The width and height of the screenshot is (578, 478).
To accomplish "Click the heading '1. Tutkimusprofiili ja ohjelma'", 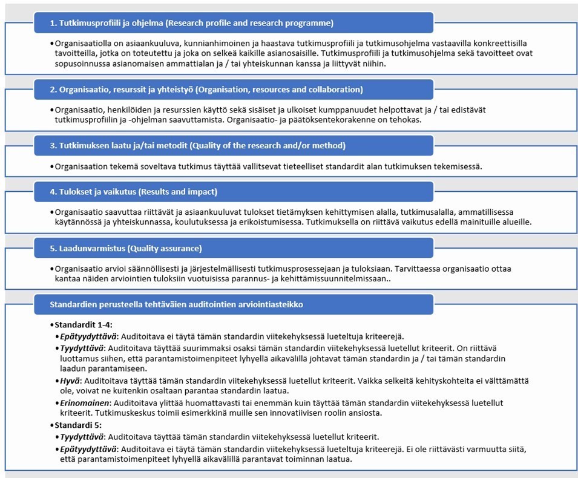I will [192, 24].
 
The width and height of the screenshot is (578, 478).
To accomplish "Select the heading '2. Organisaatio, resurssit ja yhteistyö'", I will [206, 90].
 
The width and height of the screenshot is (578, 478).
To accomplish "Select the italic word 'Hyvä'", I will [70, 381].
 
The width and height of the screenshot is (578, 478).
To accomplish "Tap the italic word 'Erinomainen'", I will [84, 402].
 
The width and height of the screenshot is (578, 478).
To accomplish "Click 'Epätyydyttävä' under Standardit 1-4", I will [88, 336].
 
